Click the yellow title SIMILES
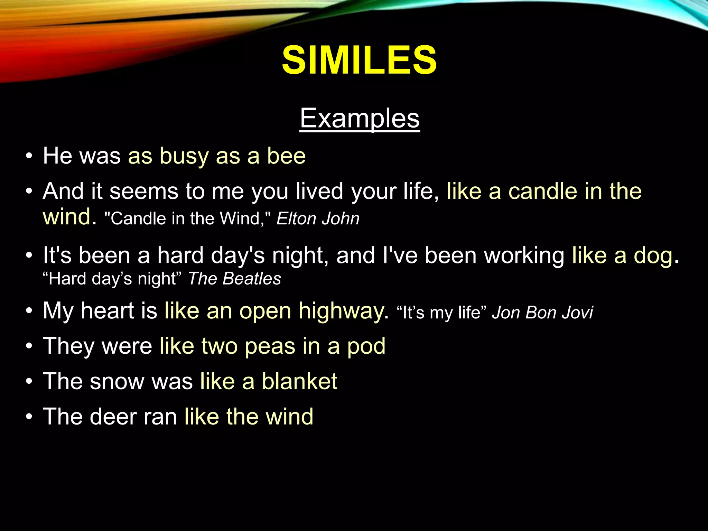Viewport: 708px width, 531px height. coord(359,60)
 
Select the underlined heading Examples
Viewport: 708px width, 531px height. coord(360,118)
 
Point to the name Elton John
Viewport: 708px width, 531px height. coord(318,219)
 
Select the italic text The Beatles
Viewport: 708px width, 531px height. coord(234,279)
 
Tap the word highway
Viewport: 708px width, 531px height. coord(341,311)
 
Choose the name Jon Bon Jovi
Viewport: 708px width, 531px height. coord(542,313)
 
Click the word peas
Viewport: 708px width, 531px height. coord(270,346)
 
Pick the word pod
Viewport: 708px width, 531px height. coord(366,346)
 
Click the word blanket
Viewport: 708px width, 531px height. coord(299,381)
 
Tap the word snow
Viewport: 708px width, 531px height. coord(117,381)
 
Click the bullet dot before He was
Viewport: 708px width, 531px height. coord(29,156)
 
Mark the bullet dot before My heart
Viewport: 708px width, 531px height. coord(29,311)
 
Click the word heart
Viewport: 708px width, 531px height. coord(107,311)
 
